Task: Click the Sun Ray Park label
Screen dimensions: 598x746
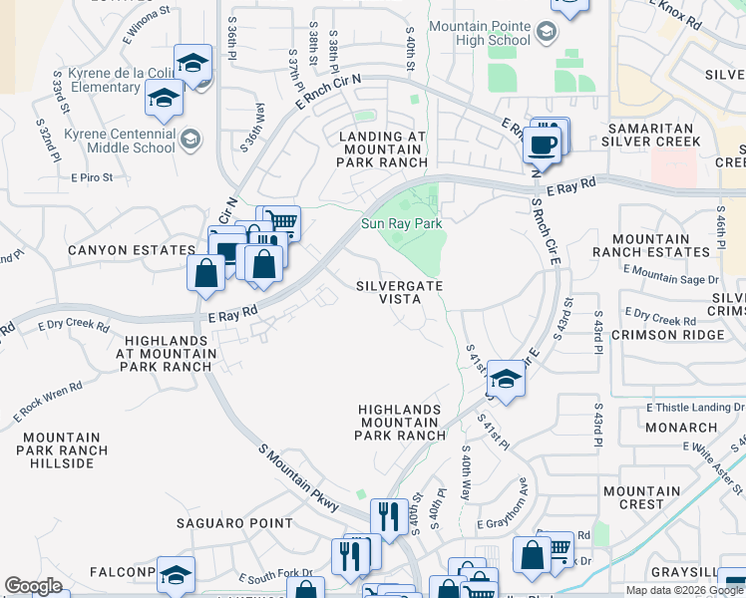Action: coord(401,224)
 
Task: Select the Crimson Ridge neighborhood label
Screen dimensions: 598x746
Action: coord(676,336)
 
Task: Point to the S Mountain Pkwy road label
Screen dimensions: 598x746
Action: coord(298,477)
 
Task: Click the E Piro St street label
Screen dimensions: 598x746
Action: coord(95,177)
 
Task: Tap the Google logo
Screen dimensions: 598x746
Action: coord(34,585)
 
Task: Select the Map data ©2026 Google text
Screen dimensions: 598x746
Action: coord(684,590)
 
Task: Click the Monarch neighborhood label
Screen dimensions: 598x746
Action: coord(681,428)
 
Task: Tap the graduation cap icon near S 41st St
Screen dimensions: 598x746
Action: coord(506,378)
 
